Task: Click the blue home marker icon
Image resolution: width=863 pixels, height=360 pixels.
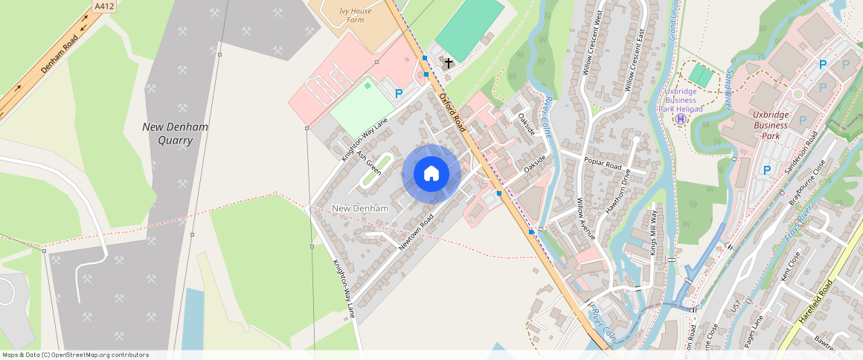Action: coord(431,174)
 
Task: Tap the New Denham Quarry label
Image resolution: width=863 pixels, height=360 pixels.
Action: coord(176,133)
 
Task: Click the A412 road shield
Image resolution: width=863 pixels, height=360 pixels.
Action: coord(104,6)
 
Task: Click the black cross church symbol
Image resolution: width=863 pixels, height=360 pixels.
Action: coord(449,63)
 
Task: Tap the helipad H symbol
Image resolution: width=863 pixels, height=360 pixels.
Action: coord(680,119)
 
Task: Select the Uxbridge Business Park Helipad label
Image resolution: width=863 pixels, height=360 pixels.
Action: coord(679,100)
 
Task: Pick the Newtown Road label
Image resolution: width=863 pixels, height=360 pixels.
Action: coord(415,232)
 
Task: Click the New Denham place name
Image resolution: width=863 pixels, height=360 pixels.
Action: coord(360,208)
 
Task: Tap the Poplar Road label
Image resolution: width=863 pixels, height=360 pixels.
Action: coord(603,165)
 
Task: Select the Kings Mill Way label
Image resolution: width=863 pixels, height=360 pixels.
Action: coord(654,233)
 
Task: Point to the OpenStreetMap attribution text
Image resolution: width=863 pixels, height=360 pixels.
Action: coord(75,355)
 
